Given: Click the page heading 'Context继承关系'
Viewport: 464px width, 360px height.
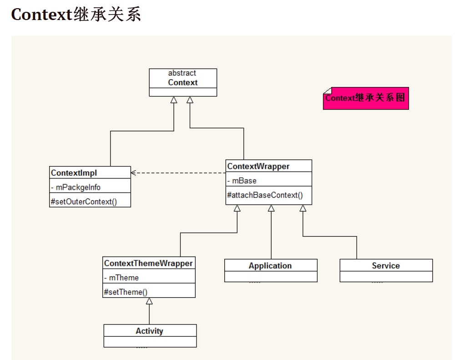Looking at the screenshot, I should pyautogui.click(x=76, y=15).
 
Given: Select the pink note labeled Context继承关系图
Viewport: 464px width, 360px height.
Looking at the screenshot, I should pyautogui.click(x=365, y=98).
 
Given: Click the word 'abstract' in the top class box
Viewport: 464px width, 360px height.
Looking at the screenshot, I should pyautogui.click(x=182, y=73).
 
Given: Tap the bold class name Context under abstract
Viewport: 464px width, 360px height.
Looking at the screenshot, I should pyautogui.click(x=182, y=83).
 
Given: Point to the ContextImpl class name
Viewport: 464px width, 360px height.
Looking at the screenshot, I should pyautogui.click(x=74, y=173).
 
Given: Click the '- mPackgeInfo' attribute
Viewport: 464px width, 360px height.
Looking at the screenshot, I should pyautogui.click(x=76, y=187).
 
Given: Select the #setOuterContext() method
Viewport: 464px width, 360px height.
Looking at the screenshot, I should pyautogui.click(x=83, y=202).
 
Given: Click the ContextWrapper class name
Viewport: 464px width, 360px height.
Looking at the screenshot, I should pyautogui.click(x=258, y=167).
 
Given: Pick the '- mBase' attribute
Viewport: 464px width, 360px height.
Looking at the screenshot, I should pyautogui.click(x=242, y=181).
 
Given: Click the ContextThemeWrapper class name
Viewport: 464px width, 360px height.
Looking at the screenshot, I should pyautogui.click(x=148, y=264).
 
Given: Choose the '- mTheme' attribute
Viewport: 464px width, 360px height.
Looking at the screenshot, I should pyautogui.click(x=121, y=278).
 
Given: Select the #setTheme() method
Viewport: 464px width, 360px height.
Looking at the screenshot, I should pyautogui.click(x=126, y=292).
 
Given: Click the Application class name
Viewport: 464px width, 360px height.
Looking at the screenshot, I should pyautogui.click(x=270, y=266).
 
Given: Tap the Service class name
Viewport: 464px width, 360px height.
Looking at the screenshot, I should pyautogui.click(x=386, y=266).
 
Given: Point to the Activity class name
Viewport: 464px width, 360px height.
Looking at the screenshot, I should pyautogui.click(x=149, y=331).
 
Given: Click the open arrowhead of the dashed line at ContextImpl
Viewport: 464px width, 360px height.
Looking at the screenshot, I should pyautogui.click(x=134, y=172).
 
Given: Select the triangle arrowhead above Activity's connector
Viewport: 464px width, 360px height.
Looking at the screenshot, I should pyautogui.click(x=149, y=301).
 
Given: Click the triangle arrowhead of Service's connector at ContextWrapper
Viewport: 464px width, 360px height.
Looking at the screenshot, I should pyautogui.click(x=303, y=208).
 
